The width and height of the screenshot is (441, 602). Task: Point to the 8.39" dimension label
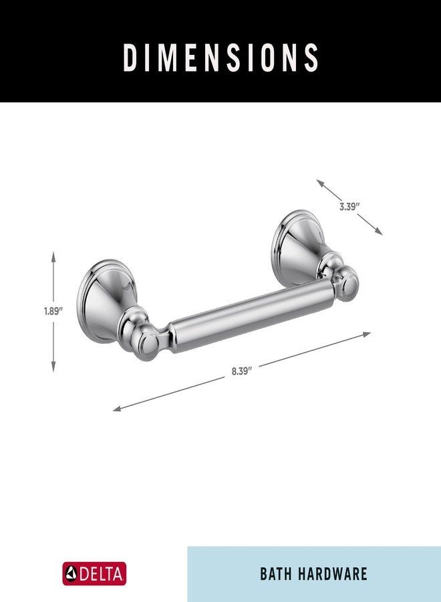[x=241, y=372]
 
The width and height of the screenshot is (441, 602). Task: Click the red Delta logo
[x=94, y=573]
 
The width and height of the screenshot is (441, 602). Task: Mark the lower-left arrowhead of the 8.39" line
[x=117, y=409]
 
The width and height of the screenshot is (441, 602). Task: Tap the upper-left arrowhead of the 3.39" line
[x=320, y=182]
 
